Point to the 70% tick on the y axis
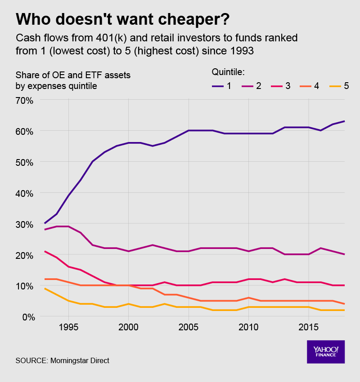[25, 100]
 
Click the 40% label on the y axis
[25, 193]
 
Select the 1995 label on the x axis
[68, 325]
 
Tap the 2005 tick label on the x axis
[188, 325]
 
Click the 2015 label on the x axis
[308, 325]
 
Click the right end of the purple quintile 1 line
[344, 121]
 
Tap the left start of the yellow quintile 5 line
[45, 289]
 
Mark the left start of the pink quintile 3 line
[45, 251]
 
